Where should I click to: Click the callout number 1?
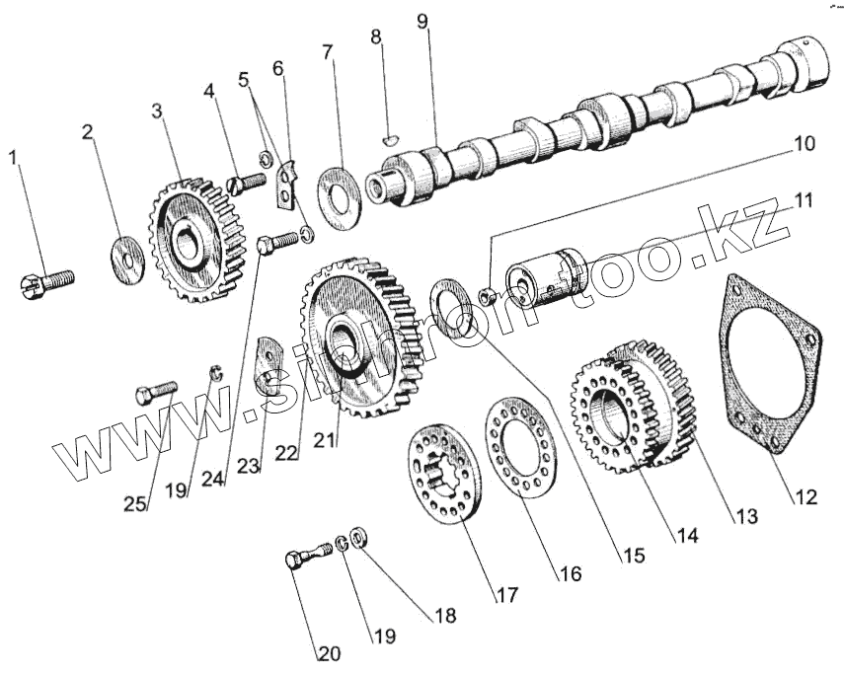pyautogui.click(x=14, y=157)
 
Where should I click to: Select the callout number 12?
pyautogui.click(x=806, y=497)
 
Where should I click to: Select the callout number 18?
pyautogui.click(x=444, y=615)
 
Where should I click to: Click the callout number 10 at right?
pyautogui.click(x=803, y=144)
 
